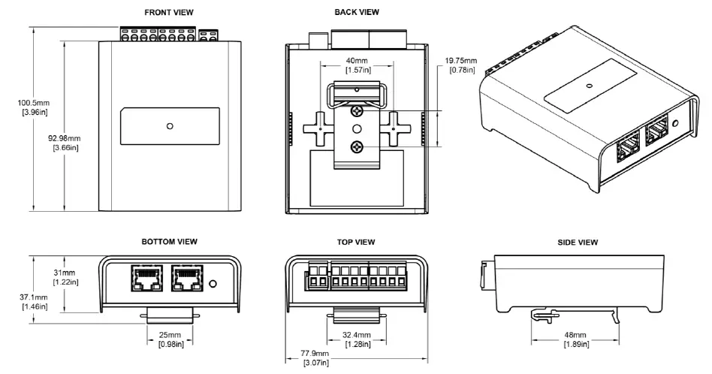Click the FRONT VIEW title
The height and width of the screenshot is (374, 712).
coord(169,13)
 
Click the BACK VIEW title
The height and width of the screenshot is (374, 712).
coord(357,13)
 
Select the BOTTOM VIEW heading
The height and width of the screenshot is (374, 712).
coord(169,242)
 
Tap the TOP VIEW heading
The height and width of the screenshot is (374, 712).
coord(357,242)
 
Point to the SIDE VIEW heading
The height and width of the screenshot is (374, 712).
coord(578,242)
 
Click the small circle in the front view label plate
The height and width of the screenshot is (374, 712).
coord(170,126)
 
